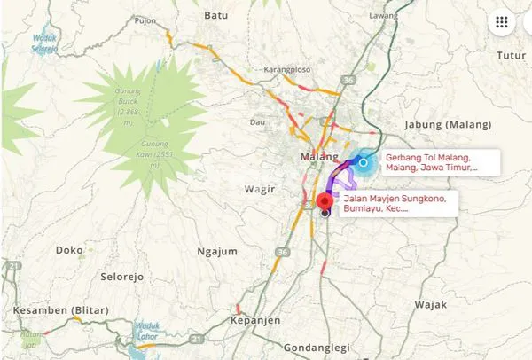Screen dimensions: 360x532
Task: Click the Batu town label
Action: (x=215, y=15)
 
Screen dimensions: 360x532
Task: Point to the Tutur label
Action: (x=511, y=55)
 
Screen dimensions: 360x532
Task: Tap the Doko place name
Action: (x=68, y=250)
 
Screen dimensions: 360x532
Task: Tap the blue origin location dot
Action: (x=363, y=162)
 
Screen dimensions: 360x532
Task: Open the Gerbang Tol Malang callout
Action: (x=437, y=162)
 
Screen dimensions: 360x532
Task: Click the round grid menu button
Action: (x=502, y=23)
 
